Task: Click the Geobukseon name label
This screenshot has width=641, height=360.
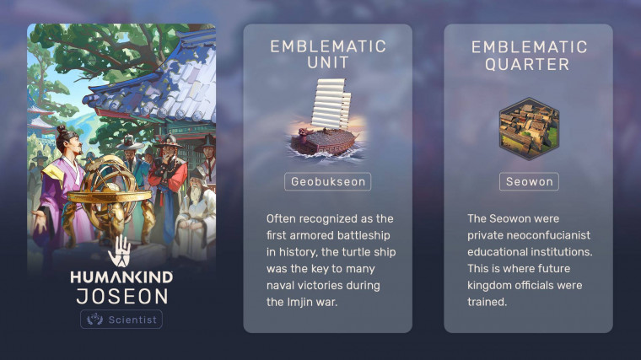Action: coord(328,181)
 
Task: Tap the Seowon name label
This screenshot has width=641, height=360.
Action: coord(529,181)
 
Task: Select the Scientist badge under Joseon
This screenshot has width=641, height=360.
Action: coord(121,320)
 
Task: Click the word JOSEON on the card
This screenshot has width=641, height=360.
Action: coord(121,296)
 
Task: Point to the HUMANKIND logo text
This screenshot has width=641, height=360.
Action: coord(121,277)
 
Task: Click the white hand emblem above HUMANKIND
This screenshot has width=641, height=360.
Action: coord(120,251)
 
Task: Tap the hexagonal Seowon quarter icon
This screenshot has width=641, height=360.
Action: coord(529,128)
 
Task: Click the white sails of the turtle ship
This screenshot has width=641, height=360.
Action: coord(331,103)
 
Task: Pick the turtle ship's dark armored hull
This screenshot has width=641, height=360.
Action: coord(323,142)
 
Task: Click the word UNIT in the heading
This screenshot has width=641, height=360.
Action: coord(328,63)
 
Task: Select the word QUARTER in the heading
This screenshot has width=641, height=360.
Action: coord(527,64)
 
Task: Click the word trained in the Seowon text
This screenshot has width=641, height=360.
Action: coord(487,302)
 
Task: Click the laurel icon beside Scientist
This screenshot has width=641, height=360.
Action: coord(94,320)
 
